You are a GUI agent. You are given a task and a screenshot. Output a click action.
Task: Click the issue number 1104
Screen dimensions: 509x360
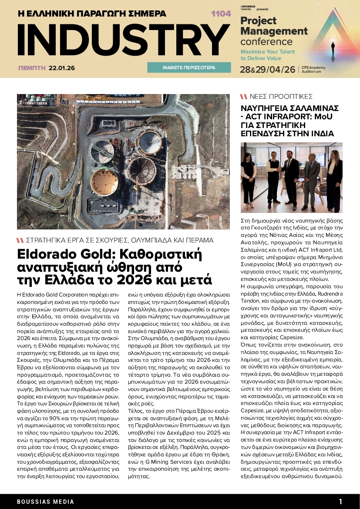coord(221,14)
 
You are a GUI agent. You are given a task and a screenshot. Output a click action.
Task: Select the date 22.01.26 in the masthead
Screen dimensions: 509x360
coord(62,68)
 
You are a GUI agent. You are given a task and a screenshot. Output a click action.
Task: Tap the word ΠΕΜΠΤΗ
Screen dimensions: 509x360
coord(32,68)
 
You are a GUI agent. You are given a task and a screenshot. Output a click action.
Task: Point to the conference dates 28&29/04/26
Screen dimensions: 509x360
coord(268,70)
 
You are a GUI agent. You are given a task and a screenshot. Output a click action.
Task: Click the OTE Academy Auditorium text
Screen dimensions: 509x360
coord(313,70)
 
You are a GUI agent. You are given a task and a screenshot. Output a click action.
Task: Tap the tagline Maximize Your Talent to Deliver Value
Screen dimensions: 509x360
coord(268,54)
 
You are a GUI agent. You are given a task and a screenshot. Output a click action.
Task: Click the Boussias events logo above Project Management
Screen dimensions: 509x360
coord(249,8)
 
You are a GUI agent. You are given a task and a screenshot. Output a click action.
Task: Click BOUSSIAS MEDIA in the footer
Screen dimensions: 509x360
coord(46,502)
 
